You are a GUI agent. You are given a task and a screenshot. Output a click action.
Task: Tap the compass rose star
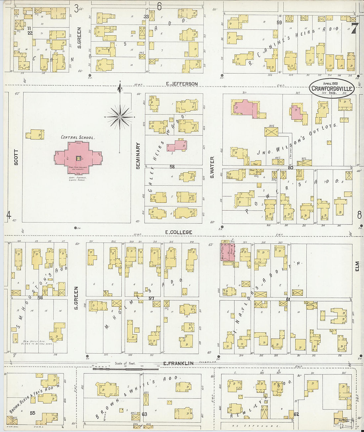tap(120, 117)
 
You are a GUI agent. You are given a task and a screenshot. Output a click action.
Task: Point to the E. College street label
tap(179, 232)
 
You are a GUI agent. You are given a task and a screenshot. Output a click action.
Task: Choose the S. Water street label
tap(212, 168)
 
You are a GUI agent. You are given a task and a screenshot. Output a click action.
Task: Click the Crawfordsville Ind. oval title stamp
tap(332, 88)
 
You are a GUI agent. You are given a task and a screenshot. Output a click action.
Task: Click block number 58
tap(172, 167)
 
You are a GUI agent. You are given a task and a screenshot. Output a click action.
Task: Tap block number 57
tap(152, 299)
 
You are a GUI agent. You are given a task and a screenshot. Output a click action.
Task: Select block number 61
tap(288, 300)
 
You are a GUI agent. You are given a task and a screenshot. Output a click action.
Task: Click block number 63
tap(144, 414)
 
